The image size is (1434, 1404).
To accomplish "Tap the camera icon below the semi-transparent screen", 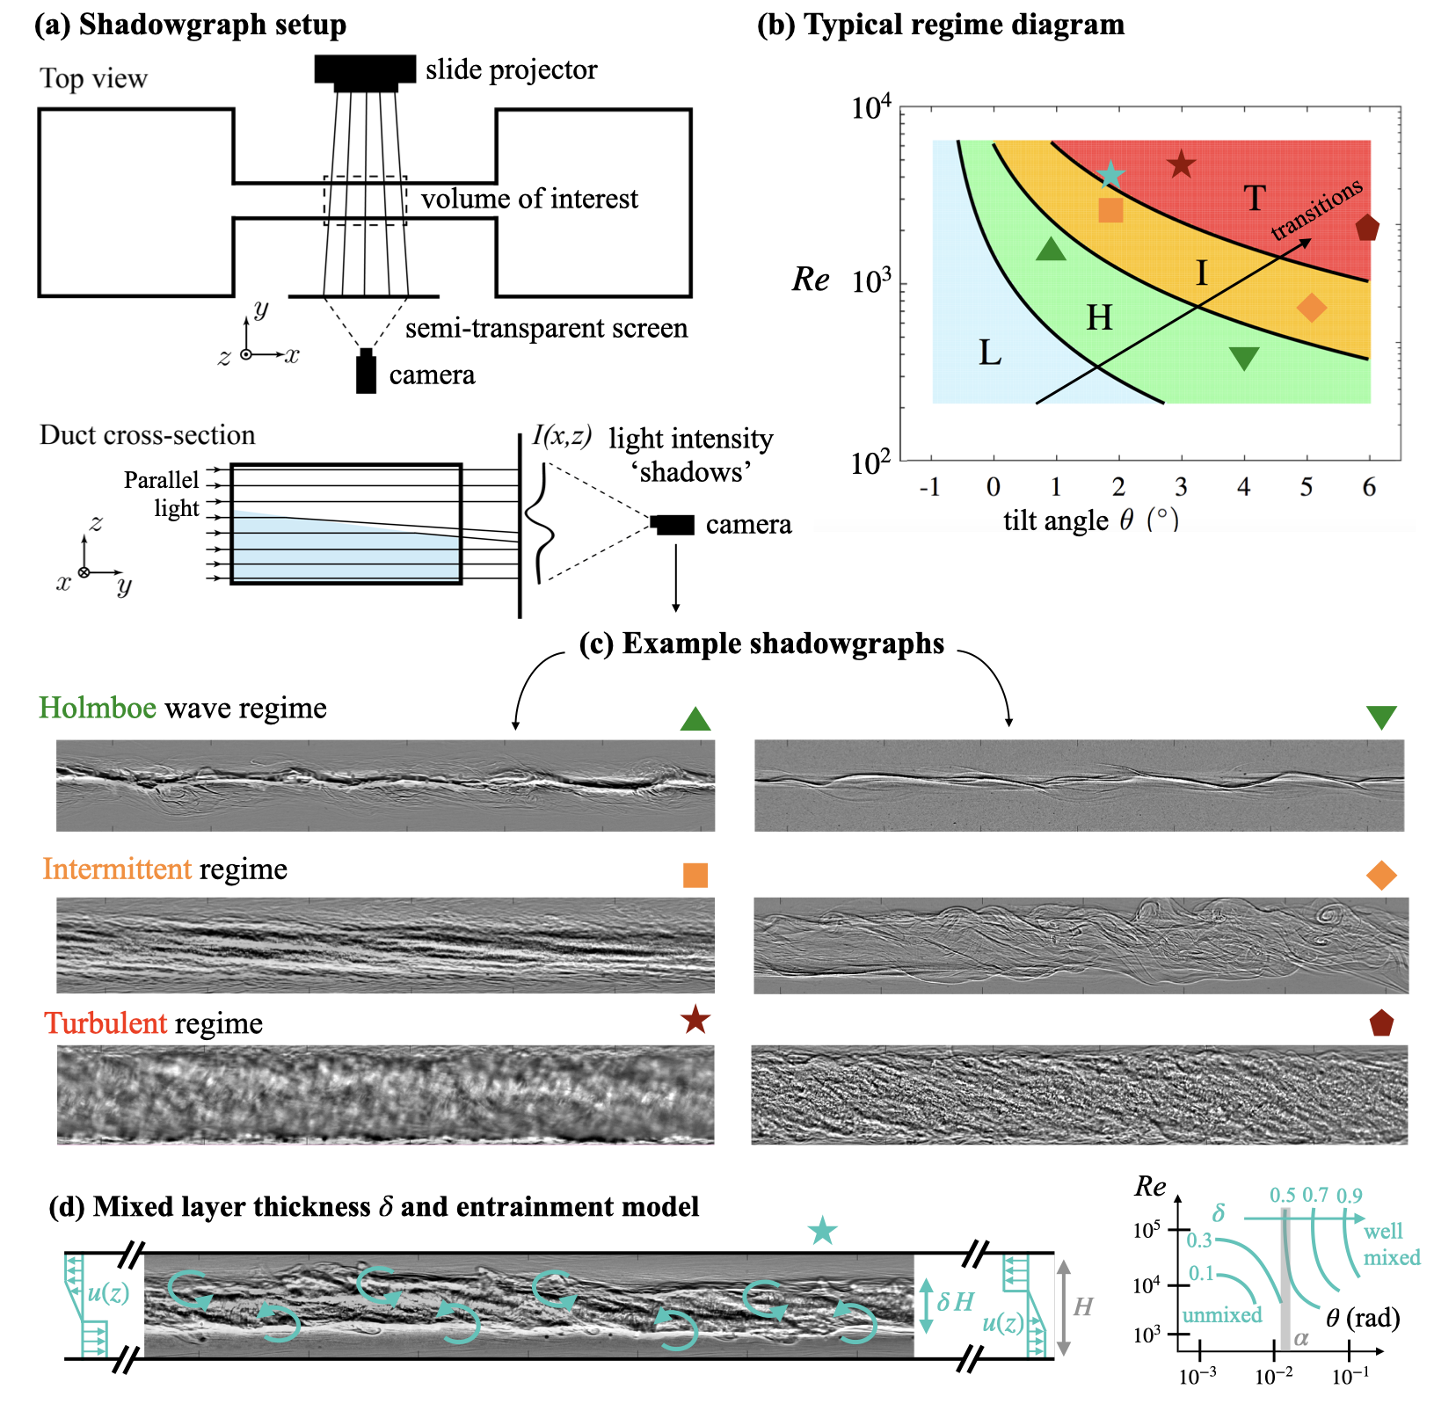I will [366, 372].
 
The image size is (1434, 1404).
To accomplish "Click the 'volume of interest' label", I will [529, 200].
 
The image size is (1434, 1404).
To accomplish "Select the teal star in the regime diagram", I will [1111, 174].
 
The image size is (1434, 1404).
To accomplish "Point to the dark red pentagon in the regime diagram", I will [1366, 229].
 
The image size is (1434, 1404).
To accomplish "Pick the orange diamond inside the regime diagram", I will [1311, 308].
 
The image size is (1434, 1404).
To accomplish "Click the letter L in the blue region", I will [990, 353].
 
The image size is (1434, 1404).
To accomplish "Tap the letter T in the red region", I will [1255, 199].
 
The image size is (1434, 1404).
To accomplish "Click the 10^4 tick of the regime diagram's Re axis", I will [870, 109].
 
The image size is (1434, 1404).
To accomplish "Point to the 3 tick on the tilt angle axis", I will [1181, 487].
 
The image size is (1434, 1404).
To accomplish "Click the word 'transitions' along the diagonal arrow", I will [1316, 209].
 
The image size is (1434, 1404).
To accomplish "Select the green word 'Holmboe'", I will [98, 708].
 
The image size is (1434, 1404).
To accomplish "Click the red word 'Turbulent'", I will [106, 1023].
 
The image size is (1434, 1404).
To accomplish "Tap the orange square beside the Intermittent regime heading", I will [695, 875].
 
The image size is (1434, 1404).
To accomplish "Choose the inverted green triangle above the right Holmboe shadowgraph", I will [1381, 717].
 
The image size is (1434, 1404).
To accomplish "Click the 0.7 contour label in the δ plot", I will [1315, 1195].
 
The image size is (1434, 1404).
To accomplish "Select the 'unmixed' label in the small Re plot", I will [1222, 1315].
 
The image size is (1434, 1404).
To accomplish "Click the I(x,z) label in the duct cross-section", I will [562, 435].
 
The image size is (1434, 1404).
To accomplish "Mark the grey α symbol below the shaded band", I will [1301, 1339].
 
